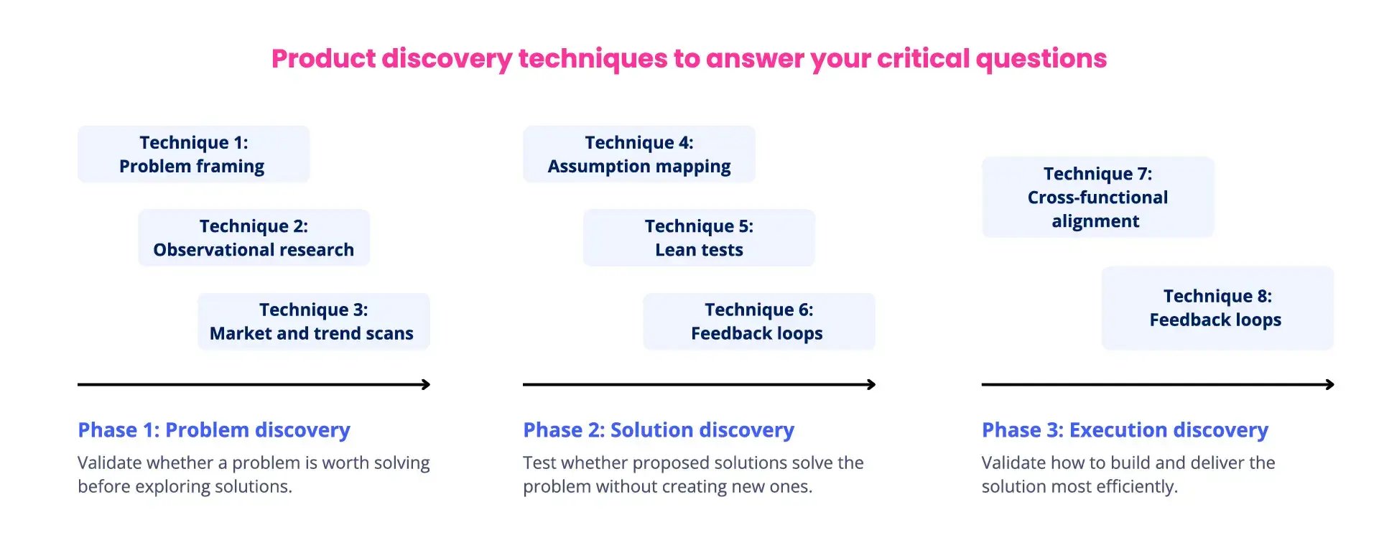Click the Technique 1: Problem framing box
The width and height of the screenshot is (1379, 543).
[x=192, y=154]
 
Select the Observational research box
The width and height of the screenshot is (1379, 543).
[x=254, y=238]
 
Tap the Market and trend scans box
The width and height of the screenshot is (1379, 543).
[x=313, y=321]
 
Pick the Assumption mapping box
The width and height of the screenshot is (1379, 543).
[x=639, y=154]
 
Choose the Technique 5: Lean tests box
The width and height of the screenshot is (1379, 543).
[x=699, y=238]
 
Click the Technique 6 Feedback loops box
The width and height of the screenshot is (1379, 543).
[x=758, y=321]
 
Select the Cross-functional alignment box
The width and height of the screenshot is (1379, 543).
[x=1097, y=197]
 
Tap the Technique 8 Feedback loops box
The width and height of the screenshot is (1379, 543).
[x=1217, y=308]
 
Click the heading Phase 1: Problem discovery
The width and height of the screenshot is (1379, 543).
[x=214, y=430]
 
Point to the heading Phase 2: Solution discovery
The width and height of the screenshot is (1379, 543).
[x=659, y=430]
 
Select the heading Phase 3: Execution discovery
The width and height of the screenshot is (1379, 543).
[x=1125, y=430]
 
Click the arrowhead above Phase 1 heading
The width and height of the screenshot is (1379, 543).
[x=427, y=384]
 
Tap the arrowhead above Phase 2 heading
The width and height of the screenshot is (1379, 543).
[x=872, y=384]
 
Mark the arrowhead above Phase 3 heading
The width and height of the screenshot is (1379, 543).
[x=1330, y=384]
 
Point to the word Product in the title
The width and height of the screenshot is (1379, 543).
[x=323, y=59]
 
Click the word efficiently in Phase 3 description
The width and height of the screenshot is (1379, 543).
[x=1136, y=487]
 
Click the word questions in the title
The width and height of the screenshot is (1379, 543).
[x=1041, y=59]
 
